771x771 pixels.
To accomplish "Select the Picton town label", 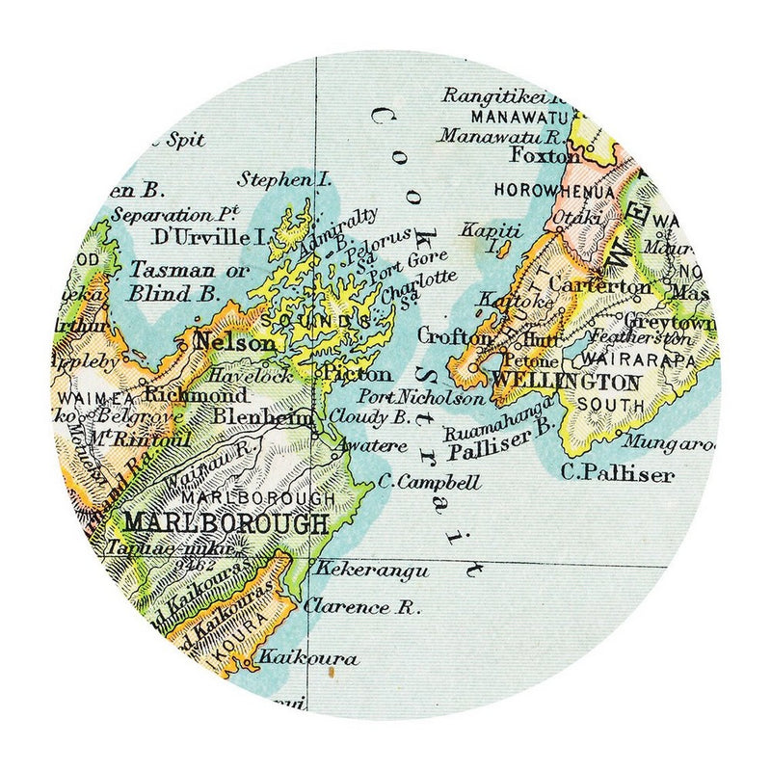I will [359, 374].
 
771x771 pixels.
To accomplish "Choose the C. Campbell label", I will [419, 480].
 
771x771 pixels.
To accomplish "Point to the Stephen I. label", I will [288, 178].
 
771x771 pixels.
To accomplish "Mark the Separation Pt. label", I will [174, 213].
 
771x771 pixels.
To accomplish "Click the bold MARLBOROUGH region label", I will [226, 523].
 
